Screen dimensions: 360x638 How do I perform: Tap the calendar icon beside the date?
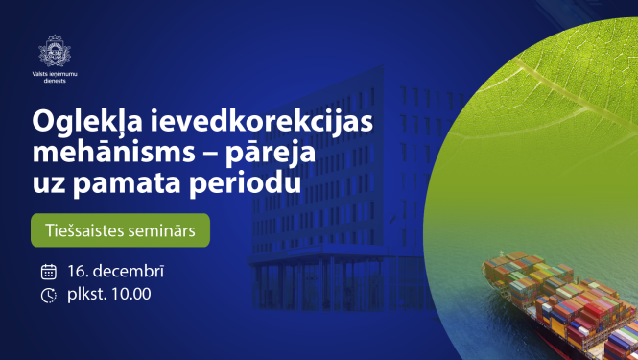(48, 272)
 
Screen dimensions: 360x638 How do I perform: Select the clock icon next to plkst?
(48, 295)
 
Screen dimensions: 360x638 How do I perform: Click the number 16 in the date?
(78, 272)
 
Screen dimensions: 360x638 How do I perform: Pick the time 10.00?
(130, 294)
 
